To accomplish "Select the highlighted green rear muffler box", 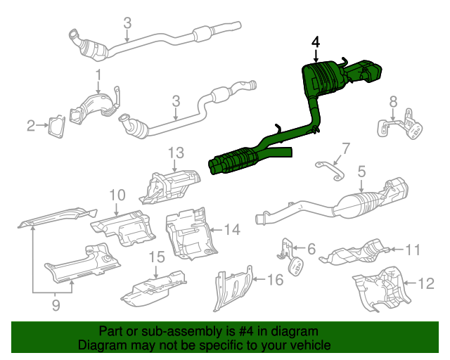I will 321,79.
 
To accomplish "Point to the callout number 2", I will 31,127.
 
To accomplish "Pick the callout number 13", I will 174,152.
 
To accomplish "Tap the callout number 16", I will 275,280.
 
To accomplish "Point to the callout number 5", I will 361,171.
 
